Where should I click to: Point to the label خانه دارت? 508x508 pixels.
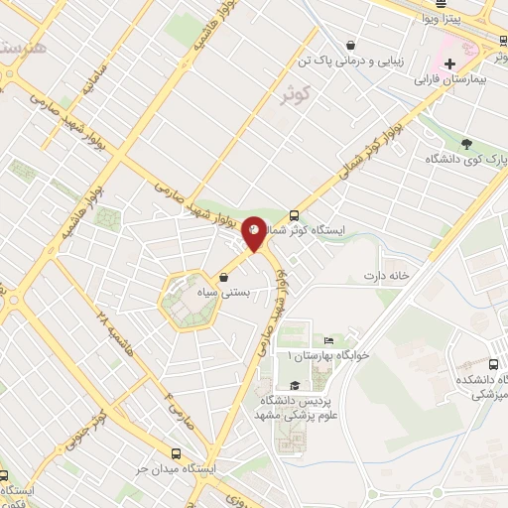(386, 275)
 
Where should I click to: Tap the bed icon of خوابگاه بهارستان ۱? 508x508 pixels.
(328, 340)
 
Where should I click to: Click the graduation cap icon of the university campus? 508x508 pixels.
(294, 386)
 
